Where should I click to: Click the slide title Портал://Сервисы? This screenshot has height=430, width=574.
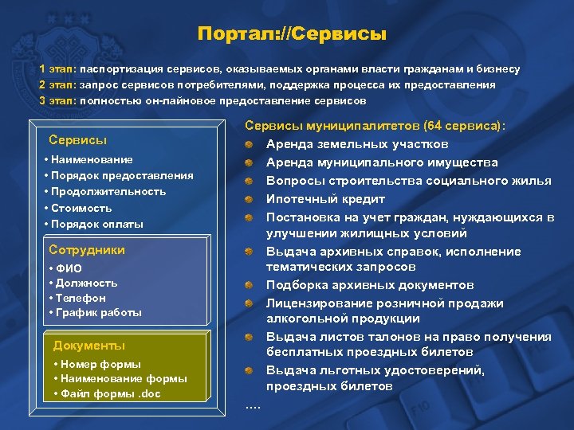pos(292,35)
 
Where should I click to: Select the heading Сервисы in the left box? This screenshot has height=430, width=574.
pos(77,140)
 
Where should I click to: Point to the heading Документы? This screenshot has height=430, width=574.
pos(88,345)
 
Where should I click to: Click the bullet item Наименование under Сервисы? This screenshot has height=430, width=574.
pos(92,160)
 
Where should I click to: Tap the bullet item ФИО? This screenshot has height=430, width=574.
pos(65,268)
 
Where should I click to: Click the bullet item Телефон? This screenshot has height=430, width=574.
pos(77,298)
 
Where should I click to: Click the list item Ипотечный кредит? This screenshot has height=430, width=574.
pos(325,198)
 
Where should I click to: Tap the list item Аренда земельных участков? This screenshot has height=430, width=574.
pos(356,144)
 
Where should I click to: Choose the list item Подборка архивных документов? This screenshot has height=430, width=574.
pos(369,284)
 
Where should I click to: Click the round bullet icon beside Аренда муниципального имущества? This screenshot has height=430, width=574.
pos(250,162)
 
